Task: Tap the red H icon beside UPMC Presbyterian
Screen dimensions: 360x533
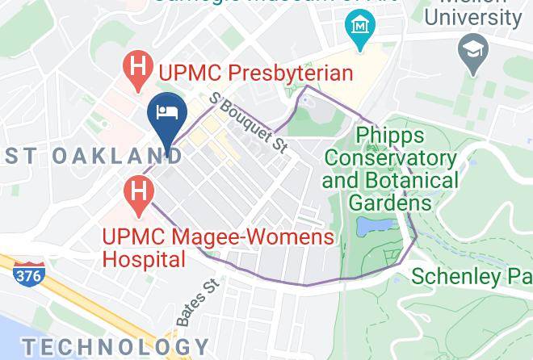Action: [138, 71]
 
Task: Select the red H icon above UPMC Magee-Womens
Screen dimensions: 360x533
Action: [138, 192]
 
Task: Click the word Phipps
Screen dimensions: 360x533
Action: [389, 134]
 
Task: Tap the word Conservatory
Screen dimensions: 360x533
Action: [390, 157]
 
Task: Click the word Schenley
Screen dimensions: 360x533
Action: [457, 276]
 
